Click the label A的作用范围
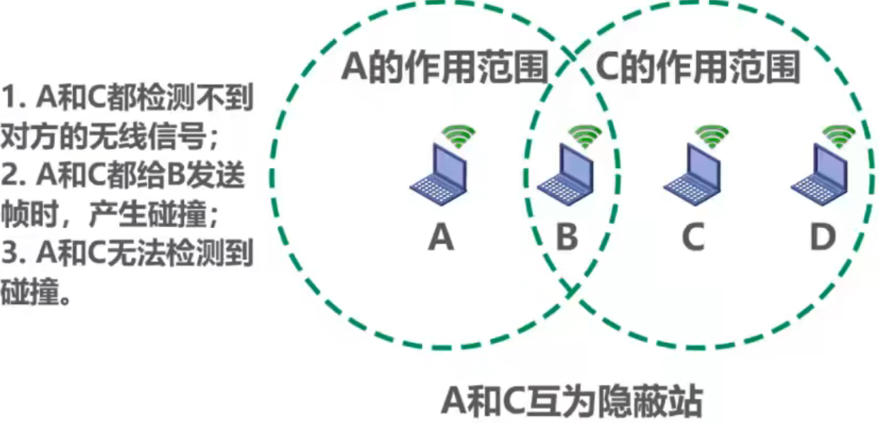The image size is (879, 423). [446, 69]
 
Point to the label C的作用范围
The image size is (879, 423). [698, 69]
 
